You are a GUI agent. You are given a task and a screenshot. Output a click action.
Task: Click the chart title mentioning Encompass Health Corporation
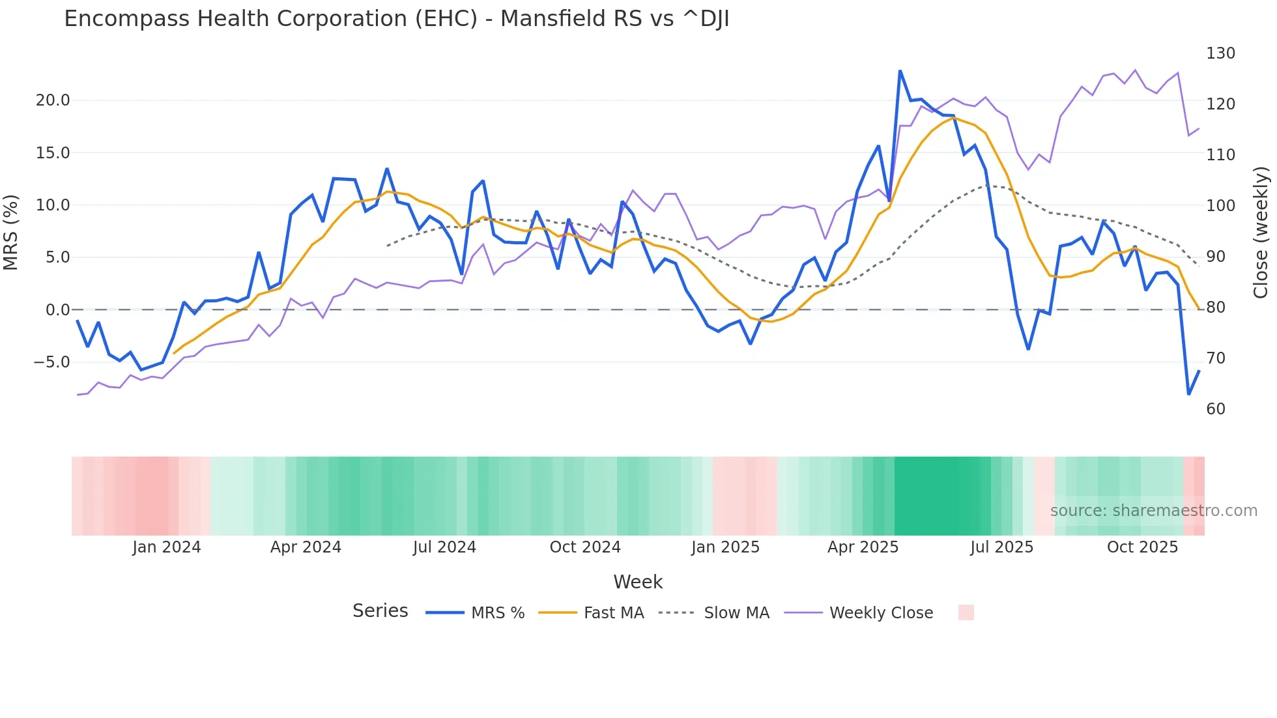coord(396,19)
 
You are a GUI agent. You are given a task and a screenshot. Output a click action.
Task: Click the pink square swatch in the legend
coord(966,612)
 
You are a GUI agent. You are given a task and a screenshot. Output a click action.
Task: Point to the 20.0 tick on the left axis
coord(53,100)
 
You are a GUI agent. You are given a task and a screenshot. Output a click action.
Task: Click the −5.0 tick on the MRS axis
coord(51,362)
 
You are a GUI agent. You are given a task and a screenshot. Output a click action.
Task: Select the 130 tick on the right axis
coord(1220,53)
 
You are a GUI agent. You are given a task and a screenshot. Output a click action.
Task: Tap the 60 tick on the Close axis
coord(1216,409)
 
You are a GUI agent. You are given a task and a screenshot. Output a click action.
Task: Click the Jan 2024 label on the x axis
coord(166,547)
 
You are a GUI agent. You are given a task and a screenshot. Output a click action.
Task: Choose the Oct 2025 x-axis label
coord(1142,547)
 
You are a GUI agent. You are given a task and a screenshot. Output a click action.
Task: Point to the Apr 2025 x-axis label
coord(863,547)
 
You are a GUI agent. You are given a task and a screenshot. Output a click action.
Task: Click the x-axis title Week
coord(638,582)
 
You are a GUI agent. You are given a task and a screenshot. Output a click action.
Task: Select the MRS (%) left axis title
coord(10,232)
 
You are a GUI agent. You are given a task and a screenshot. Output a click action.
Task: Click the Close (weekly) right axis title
coord(1261,232)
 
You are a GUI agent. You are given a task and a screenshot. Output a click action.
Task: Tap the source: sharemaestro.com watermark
coord(1153,511)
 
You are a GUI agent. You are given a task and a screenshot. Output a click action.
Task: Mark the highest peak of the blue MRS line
coord(900,71)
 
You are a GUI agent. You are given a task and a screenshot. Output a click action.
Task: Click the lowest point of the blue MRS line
coord(1188,394)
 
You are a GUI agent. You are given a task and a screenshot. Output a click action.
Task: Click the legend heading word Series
coord(380,611)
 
